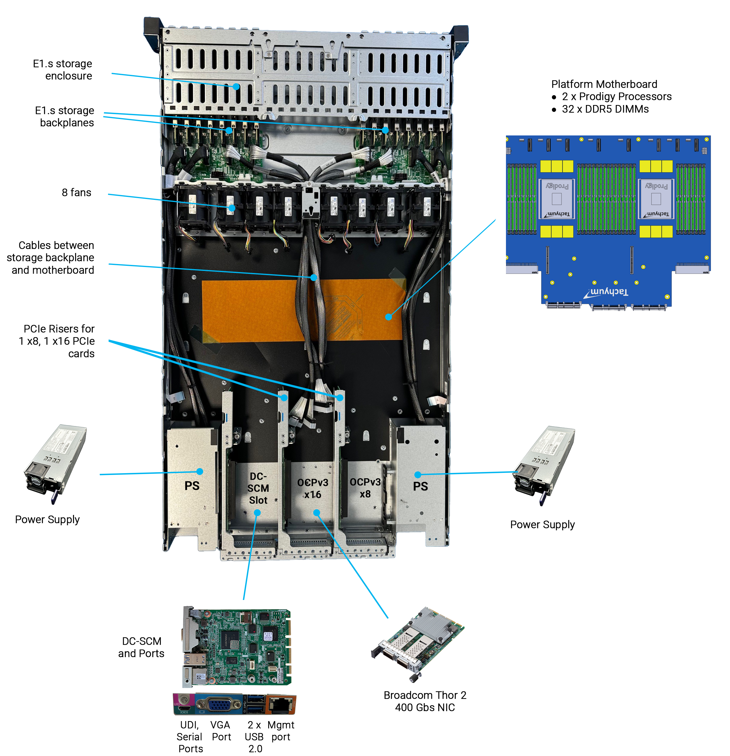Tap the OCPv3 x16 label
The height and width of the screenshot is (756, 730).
click(312, 488)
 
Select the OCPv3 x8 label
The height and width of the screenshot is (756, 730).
click(365, 487)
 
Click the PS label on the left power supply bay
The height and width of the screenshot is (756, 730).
click(192, 486)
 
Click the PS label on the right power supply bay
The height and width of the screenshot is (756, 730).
click(420, 486)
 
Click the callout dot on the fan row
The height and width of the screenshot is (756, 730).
click(232, 208)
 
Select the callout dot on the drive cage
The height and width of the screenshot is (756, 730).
click(236, 87)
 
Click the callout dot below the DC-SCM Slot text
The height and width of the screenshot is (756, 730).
click(257, 513)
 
